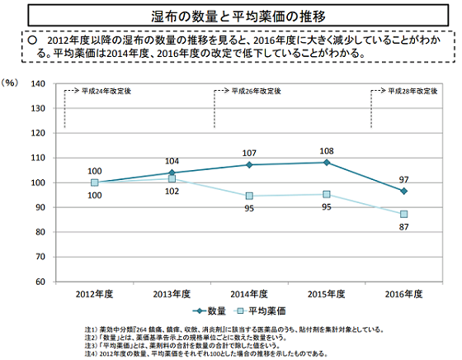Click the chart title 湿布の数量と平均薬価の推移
tap(230, 17)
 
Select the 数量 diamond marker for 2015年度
tap(327, 163)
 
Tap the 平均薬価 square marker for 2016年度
tap(403, 214)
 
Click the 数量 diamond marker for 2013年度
tap(172, 173)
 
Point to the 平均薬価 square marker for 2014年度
tap(249, 196)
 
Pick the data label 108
tap(327, 151)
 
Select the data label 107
tap(249, 154)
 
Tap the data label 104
tap(172, 161)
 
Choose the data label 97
tap(404, 178)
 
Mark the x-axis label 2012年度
tap(94, 293)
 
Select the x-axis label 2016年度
tap(403, 293)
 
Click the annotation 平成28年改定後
tap(414, 91)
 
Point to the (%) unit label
tap(12, 83)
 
